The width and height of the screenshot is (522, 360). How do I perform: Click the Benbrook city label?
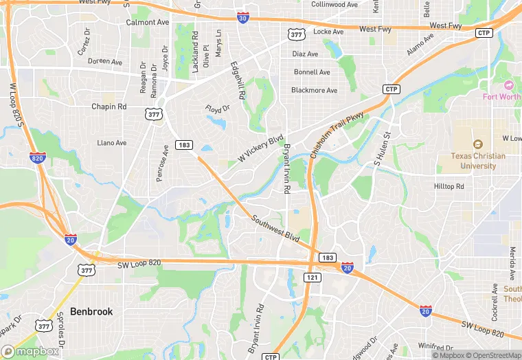tap(91, 311)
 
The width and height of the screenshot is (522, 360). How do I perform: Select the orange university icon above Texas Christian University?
tap(478, 144)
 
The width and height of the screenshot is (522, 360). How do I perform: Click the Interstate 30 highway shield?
tap(242, 19)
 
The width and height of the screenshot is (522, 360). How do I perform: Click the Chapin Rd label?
tap(109, 106)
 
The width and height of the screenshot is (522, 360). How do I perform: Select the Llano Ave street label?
tap(112, 143)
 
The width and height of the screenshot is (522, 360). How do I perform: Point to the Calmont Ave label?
tap(148, 22)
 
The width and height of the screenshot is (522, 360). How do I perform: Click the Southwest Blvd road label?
tap(275, 229)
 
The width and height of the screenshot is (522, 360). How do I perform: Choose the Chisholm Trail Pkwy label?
tap(336, 135)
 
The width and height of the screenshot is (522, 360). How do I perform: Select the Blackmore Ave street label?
tap(315, 90)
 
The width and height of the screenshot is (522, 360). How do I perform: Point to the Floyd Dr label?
tap(218, 109)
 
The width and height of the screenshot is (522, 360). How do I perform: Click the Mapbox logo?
tap(30, 351)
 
